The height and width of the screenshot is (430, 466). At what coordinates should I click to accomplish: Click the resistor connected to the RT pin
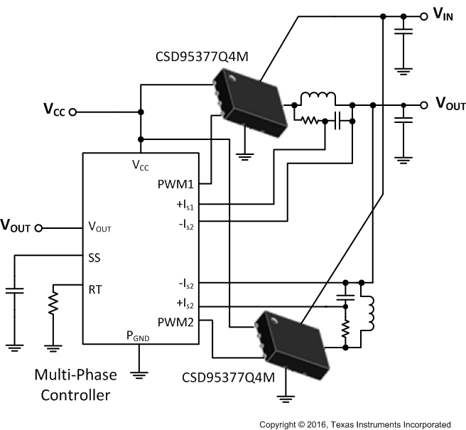(53, 304)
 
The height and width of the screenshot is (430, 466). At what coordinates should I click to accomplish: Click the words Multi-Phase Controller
(74, 384)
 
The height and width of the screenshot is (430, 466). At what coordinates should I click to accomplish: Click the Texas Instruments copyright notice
(354, 424)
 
